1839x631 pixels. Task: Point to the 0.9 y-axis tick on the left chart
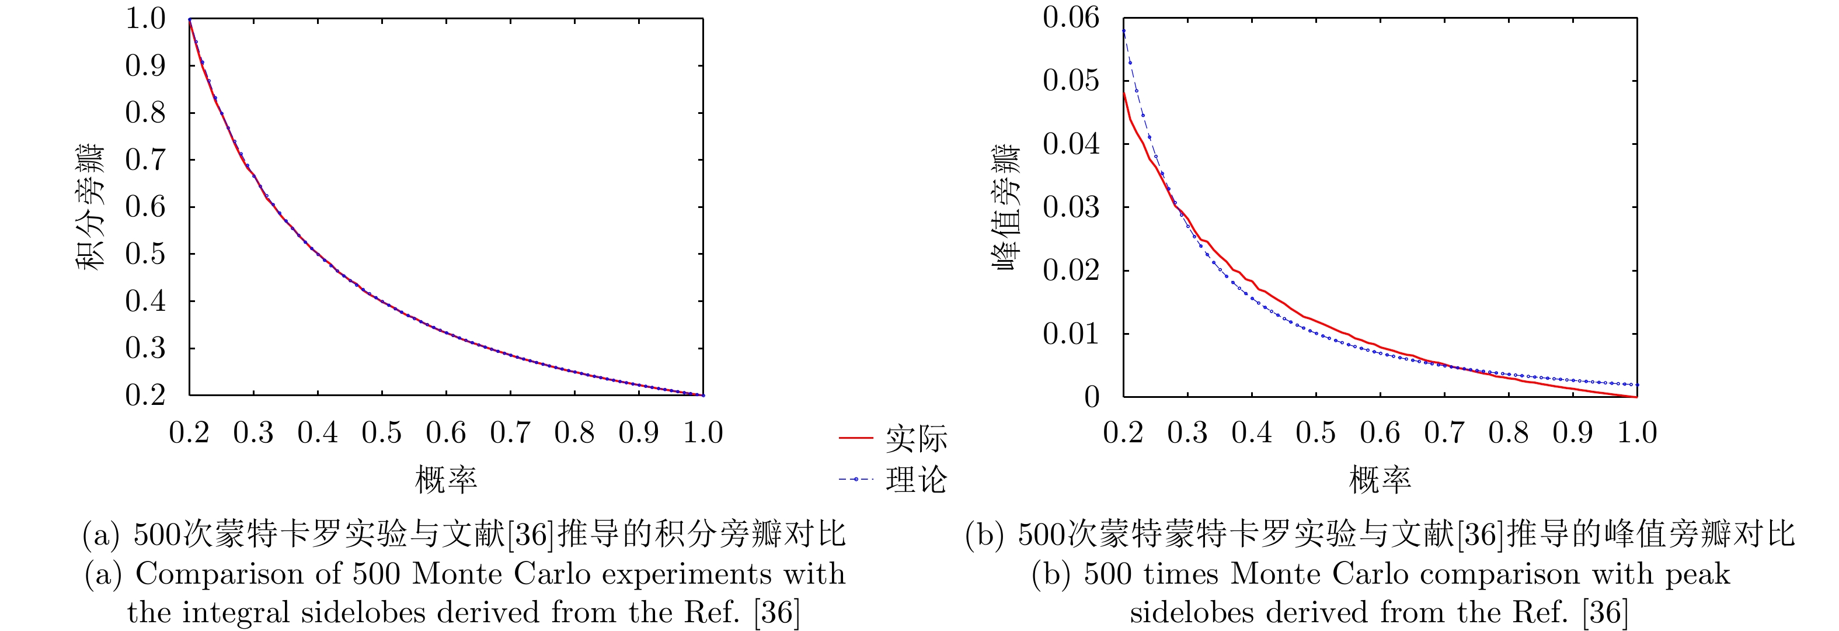(145, 66)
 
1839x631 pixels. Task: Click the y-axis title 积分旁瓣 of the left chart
(90, 207)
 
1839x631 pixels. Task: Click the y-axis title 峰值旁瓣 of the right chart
(1006, 207)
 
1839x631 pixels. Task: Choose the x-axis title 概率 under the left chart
(446, 480)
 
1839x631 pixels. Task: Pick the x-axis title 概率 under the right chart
(1380, 480)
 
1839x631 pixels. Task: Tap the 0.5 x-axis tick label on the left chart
(382, 433)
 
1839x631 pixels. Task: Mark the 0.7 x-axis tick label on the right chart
(1444, 433)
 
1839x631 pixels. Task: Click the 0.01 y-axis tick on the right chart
(1071, 334)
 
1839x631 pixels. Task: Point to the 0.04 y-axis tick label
(1071, 144)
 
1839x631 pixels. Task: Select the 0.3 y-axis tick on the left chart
(145, 348)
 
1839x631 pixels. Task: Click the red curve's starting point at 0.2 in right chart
(1124, 93)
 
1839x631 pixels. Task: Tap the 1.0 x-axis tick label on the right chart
(1636, 433)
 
